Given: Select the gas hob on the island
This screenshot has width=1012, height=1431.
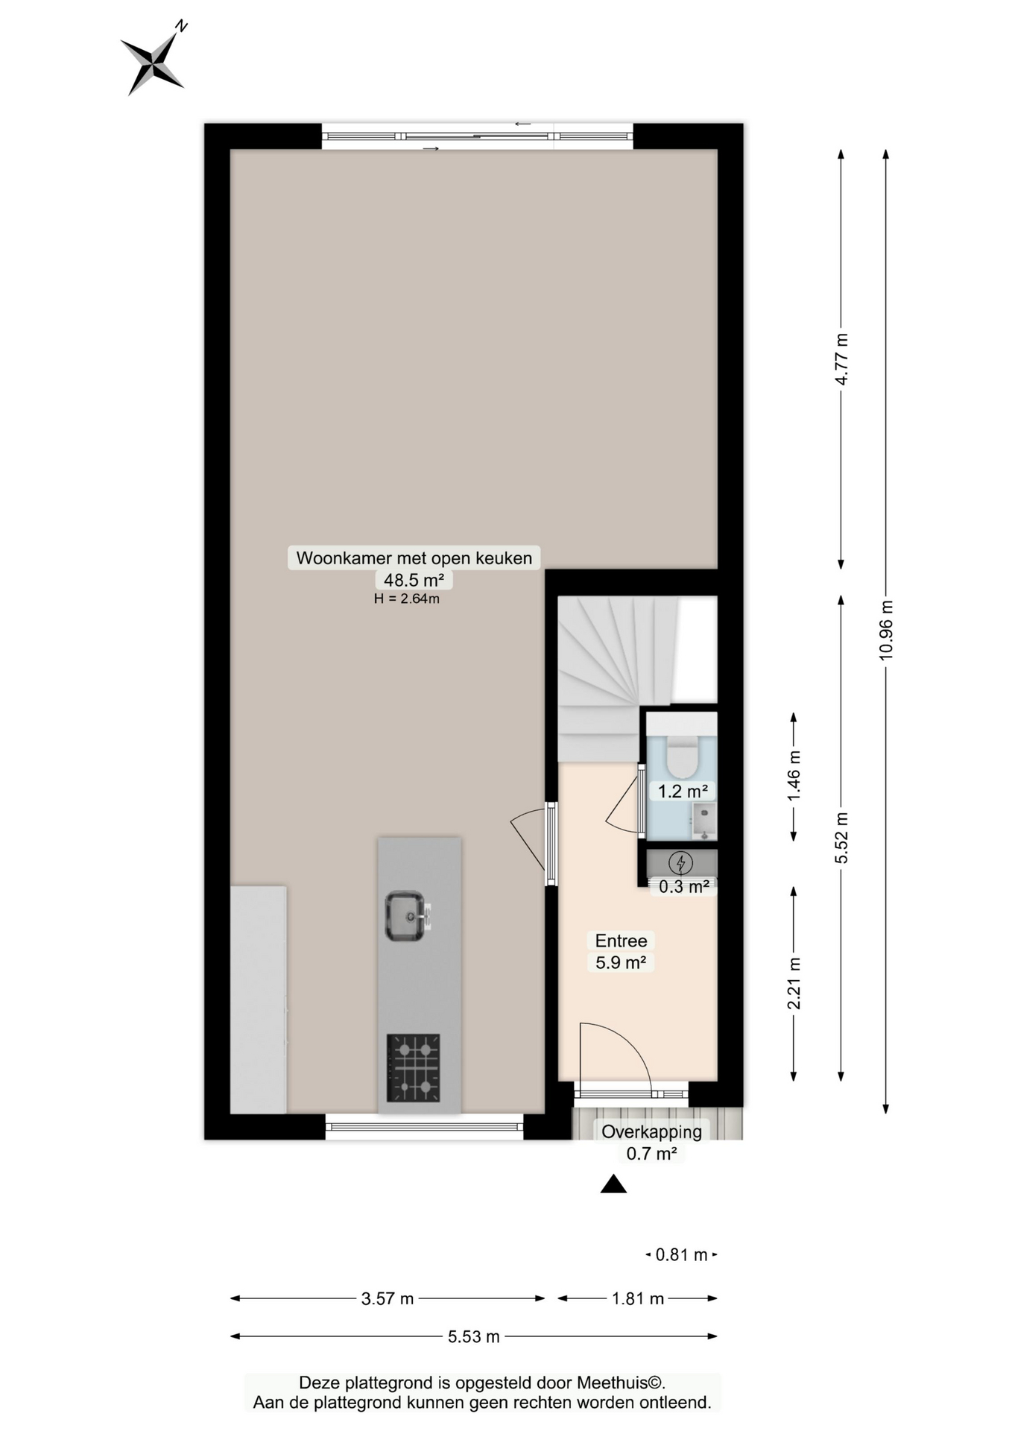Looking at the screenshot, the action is [x=413, y=1067].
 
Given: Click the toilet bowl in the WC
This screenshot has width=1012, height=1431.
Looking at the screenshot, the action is [x=680, y=756].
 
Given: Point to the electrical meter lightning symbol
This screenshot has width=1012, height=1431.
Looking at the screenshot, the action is [x=680, y=863].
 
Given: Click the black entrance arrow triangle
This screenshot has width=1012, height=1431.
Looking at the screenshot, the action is [x=613, y=1184].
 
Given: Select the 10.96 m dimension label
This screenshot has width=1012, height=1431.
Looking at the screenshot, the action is [x=885, y=630].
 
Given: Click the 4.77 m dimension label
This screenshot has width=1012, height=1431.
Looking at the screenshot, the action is [x=841, y=359].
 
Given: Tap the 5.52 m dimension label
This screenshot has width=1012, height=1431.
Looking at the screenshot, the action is [x=841, y=838].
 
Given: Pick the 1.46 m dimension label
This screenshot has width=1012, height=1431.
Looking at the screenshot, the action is [x=794, y=776].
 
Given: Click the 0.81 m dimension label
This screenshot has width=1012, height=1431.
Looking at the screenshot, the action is [x=681, y=1254].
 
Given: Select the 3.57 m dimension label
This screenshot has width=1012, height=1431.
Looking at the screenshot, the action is [x=388, y=1298].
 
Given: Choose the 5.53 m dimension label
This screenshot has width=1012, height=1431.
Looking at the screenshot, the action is [x=474, y=1336].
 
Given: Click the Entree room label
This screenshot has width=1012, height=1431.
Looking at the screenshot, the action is [x=621, y=941].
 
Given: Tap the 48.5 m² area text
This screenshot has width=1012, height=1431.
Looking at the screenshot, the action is [x=414, y=579].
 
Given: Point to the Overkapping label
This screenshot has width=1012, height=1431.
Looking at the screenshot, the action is [x=651, y=1131].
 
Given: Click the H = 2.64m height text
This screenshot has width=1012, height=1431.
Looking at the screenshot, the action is [x=407, y=598].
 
